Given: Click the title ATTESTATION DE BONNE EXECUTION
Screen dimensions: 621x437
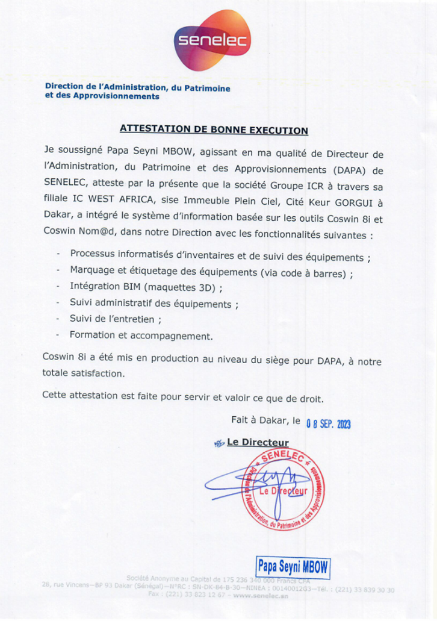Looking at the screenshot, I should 214,129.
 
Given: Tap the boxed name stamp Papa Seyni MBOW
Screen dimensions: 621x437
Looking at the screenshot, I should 293,566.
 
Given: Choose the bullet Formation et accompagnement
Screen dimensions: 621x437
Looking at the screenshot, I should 141,334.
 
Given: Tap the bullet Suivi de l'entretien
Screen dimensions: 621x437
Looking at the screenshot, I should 115,319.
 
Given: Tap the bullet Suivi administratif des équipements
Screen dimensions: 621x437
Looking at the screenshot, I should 153,303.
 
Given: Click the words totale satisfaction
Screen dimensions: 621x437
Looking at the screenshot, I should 84,373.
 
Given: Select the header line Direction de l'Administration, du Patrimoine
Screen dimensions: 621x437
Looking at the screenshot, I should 138,87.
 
